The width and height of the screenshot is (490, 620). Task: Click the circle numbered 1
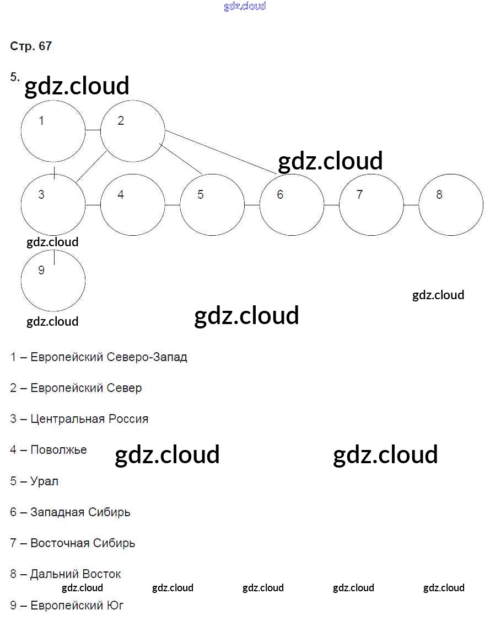[53, 131]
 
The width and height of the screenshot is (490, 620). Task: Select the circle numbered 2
[133, 131]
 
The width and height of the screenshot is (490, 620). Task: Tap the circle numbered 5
[212, 205]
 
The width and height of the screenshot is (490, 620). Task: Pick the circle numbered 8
[451, 205]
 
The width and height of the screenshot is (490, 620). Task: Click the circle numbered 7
[371, 205]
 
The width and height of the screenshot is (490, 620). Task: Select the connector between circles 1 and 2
[93, 131]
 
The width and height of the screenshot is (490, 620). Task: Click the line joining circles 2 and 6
[220, 152]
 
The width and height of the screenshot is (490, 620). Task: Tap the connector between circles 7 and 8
[411, 205]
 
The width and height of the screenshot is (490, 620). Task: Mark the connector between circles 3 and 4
[93, 205]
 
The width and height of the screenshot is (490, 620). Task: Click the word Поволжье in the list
[58, 450]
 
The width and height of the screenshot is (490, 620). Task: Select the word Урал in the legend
[44, 481]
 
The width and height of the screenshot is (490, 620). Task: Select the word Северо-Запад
[146, 357]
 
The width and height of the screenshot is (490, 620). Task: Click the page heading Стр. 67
[31, 46]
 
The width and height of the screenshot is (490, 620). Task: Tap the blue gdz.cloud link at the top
[245, 6]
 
